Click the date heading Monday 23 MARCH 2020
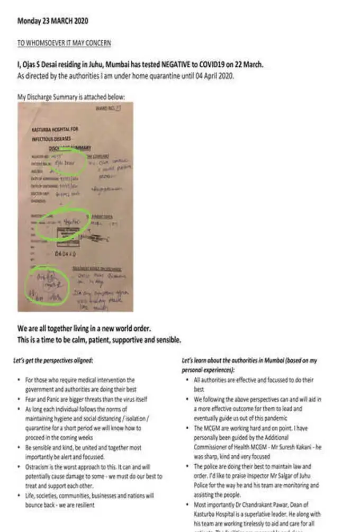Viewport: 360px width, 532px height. click(52, 21)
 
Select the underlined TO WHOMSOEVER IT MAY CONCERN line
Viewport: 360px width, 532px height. click(64, 43)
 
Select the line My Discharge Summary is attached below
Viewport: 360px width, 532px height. click(71, 97)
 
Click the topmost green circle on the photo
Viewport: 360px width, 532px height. click(67, 164)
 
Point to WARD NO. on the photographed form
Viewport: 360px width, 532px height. click(106, 108)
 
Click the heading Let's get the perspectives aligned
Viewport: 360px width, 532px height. click(53, 360)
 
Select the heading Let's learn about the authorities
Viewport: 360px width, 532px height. click(233, 360)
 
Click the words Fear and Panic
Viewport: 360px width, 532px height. click(43, 399)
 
